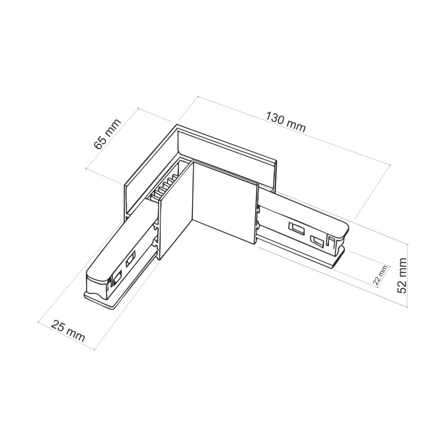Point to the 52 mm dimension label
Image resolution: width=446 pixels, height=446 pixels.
click(403, 275)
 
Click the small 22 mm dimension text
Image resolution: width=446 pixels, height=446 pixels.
click(380, 275)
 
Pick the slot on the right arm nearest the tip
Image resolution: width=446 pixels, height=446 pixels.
click(318, 240)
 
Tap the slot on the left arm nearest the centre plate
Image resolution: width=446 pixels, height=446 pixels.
click(130, 261)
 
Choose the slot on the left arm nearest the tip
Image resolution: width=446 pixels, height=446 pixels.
click(117, 277)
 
